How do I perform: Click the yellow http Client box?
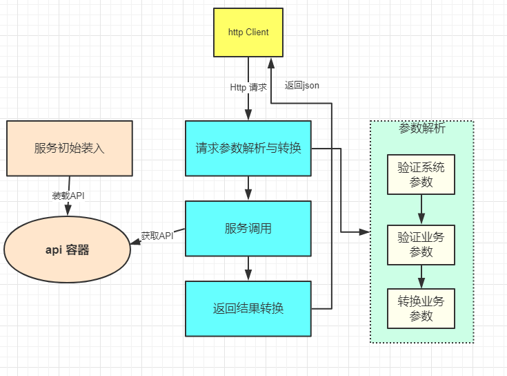coord(248,32)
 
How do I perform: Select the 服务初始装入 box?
coord(69,148)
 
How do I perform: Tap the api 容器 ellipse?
coord(67,250)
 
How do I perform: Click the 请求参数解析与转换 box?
coord(248,148)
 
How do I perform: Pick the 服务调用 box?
coord(248,228)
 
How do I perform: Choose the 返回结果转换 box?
coord(248,308)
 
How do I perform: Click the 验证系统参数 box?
coord(421,174)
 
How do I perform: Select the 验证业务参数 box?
coord(421,245)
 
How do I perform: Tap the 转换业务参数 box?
coord(421,308)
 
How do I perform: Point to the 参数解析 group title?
coord(421,129)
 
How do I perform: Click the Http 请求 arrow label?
coord(248,88)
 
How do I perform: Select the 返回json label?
coord(301,85)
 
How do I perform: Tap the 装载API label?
coord(68,196)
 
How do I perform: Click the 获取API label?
coord(157,236)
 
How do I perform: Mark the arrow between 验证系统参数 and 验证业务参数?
coord(421,209)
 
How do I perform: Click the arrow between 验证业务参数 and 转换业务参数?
coord(421,276)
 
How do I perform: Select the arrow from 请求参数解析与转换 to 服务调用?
coord(248,188)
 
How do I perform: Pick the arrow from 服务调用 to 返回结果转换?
coord(248,268)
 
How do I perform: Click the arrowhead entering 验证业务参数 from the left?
coord(364,232)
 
